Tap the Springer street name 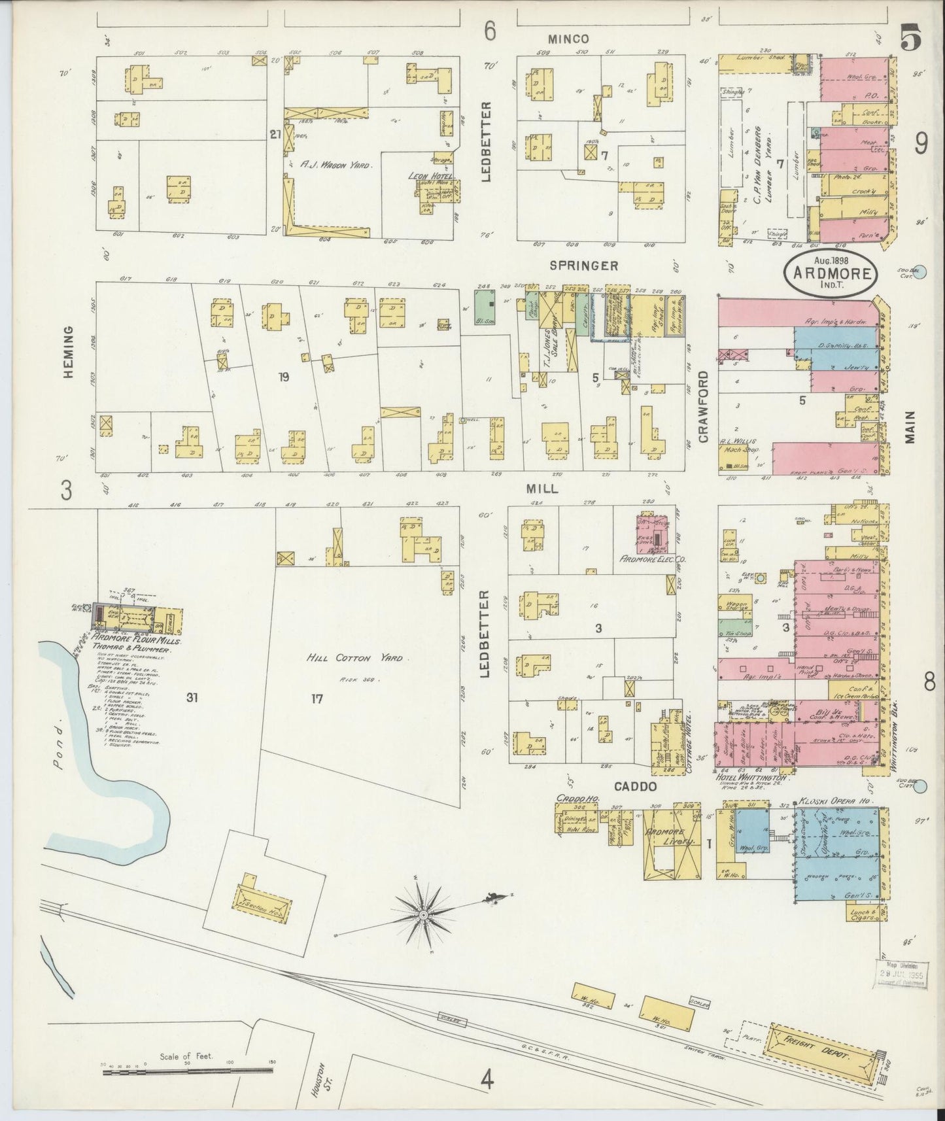pyautogui.click(x=574, y=266)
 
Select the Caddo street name pyautogui.click(x=635, y=787)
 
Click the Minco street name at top pyautogui.click(x=568, y=39)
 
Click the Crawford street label pyautogui.click(x=703, y=407)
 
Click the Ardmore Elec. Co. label pyautogui.click(x=651, y=560)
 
